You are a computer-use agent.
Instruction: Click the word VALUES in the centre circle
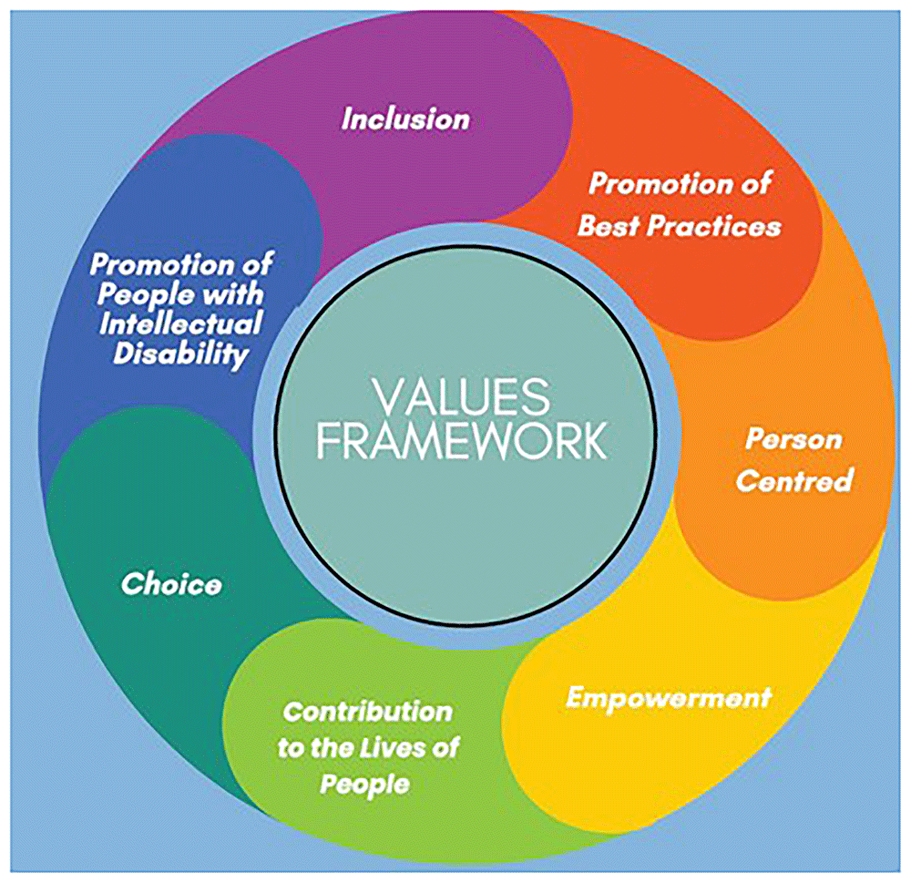pos(461,398)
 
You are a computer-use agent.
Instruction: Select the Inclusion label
pos(405,118)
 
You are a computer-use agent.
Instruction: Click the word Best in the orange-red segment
pos(609,226)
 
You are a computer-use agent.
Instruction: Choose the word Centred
pos(793,479)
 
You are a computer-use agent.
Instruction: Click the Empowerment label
pos(668,698)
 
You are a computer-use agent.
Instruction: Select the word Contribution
pos(367,711)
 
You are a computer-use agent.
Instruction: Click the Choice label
pos(170,583)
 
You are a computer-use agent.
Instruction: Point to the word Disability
pos(180,354)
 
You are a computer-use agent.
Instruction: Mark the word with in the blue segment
pos(233,294)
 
